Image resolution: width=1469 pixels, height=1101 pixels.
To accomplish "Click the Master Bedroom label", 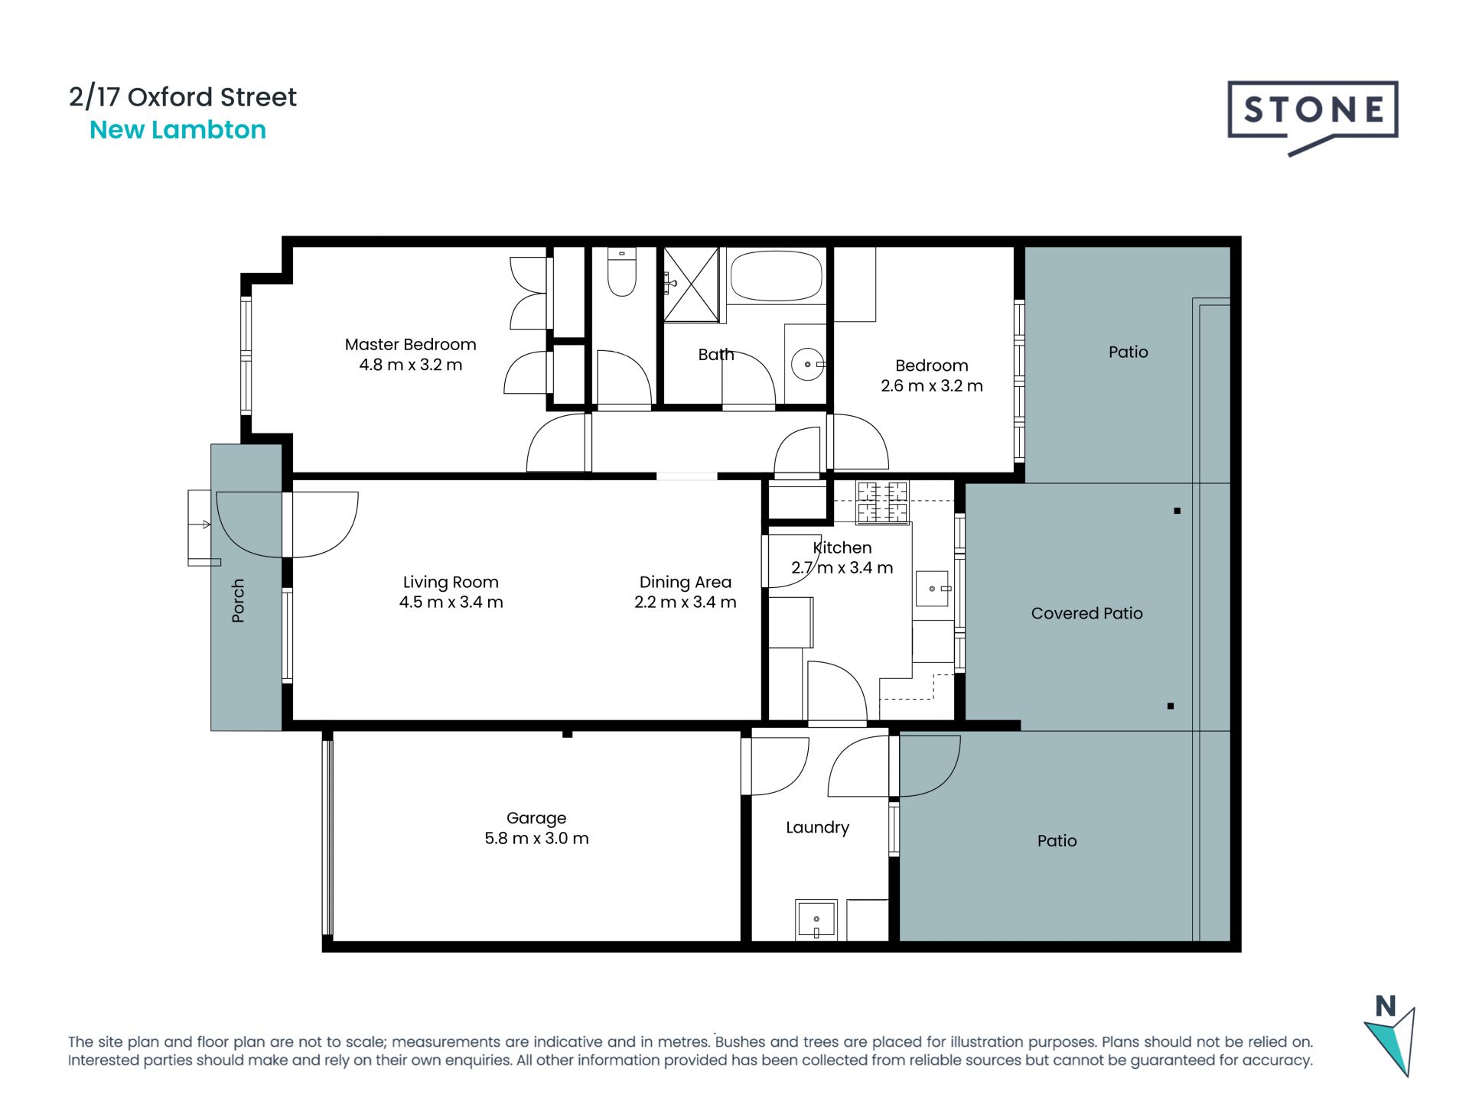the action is (410, 345).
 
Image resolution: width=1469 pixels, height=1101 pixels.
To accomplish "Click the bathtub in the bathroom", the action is (776, 275).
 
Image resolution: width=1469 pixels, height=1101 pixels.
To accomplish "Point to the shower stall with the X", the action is (692, 284).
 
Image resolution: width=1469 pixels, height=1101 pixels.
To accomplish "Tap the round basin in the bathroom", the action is (808, 365).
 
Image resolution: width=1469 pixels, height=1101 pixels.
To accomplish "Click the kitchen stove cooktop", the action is (882, 502).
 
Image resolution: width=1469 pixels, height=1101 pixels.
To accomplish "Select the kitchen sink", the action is (933, 589).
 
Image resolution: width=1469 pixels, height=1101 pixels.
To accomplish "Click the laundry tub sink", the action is (816, 920).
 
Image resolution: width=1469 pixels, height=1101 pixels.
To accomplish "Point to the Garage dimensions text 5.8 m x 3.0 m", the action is (536, 839).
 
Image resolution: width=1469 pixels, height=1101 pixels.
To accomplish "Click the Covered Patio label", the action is (1086, 613).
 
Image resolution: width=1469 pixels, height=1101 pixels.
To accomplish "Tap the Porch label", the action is (238, 600).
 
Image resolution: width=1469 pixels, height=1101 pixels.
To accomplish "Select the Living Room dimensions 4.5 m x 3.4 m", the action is (451, 602).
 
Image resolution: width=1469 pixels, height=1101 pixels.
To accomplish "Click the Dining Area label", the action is (686, 583).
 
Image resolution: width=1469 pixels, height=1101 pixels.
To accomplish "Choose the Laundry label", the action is (817, 827).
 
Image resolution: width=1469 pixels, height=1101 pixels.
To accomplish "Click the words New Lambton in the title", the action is (178, 130).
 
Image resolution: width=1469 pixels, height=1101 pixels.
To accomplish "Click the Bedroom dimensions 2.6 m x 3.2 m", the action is (931, 386).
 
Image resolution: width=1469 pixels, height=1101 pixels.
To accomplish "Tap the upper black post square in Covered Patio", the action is (1177, 511).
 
